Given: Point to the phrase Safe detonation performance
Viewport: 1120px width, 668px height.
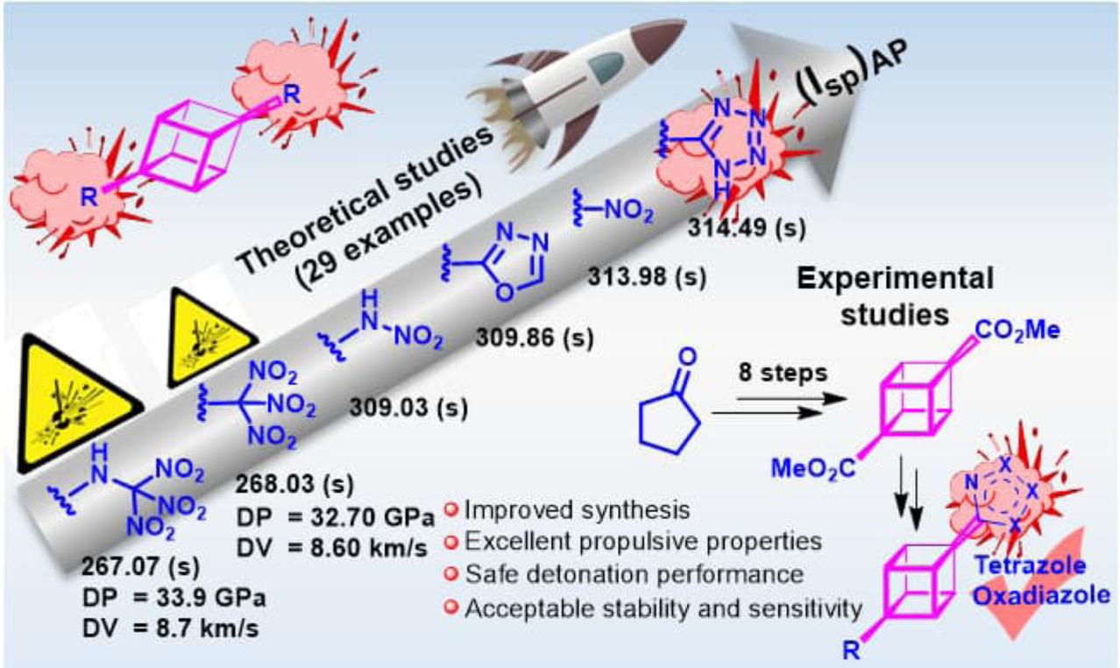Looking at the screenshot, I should point(634,574).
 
